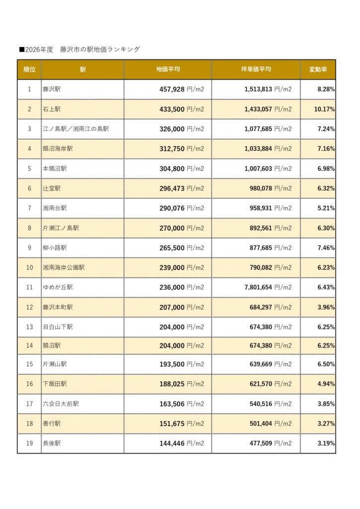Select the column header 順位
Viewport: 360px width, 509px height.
pyautogui.click(x=29, y=70)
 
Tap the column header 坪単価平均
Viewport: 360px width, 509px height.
pyautogui.click(x=256, y=70)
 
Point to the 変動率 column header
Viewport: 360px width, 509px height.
pyautogui.click(x=318, y=70)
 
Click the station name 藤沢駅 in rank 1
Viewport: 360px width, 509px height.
pyautogui.click(x=52, y=89)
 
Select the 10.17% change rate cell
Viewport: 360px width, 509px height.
pyautogui.click(x=324, y=109)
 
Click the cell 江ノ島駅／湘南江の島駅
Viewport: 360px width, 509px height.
pyautogui.click(x=76, y=129)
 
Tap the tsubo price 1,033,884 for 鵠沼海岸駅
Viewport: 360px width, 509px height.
pyautogui.click(x=258, y=149)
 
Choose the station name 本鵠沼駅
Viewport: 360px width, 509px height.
pyautogui.click(x=55, y=169)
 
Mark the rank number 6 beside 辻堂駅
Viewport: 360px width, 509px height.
pyautogui.click(x=29, y=188)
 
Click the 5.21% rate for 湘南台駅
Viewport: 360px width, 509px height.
pyautogui.click(x=326, y=208)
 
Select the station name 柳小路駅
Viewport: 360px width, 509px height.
pyautogui.click(x=55, y=248)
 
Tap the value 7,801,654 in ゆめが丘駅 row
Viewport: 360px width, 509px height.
pyautogui.click(x=258, y=287)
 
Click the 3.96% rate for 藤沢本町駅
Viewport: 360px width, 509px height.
pyautogui.click(x=326, y=307)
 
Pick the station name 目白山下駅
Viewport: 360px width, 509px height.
pyautogui.click(x=58, y=327)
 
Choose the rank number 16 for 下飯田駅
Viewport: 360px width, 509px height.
pyautogui.click(x=29, y=384)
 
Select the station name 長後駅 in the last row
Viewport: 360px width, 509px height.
pyautogui.click(x=52, y=443)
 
